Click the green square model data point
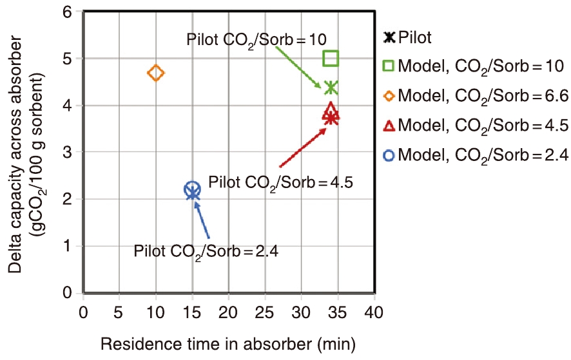331,59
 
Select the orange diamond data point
156,73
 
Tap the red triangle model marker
331,109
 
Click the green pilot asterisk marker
331,88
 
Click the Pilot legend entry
408,37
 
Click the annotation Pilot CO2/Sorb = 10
256,38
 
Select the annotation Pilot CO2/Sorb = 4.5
281,182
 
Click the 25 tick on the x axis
265,312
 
